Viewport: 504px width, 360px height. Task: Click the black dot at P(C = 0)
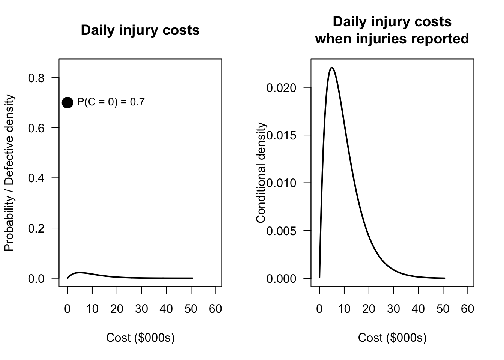(x=67, y=102)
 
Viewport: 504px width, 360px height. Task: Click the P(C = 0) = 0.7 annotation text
(x=111, y=102)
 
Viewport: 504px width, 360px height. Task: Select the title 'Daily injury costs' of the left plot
(x=140, y=30)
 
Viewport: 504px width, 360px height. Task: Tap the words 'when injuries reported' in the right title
(x=392, y=39)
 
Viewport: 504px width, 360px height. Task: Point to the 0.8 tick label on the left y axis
(x=36, y=78)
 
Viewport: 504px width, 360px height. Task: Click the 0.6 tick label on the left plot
(x=36, y=128)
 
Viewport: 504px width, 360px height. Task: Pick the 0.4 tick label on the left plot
(x=36, y=178)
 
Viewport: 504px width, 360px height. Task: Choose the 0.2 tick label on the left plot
(x=36, y=228)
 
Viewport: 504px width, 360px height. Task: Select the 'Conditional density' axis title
(x=261, y=173)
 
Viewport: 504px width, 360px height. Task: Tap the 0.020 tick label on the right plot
(x=281, y=88)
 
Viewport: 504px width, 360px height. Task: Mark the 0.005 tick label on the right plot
(x=281, y=231)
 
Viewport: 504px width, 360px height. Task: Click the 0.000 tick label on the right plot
(x=281, y=279)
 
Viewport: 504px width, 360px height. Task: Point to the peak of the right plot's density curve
(x=332, y=67)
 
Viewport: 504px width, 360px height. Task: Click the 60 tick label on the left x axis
(x=216, y=309)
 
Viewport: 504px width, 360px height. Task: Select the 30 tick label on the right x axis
(x=393, y=309)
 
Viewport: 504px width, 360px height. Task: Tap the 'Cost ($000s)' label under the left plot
(x=140, y=338)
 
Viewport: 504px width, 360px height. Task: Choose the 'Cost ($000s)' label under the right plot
(x=392, y=338)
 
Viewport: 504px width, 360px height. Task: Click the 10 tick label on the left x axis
(x=92, y=309)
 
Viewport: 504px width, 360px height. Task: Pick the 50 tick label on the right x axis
(x=443, y=309)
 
